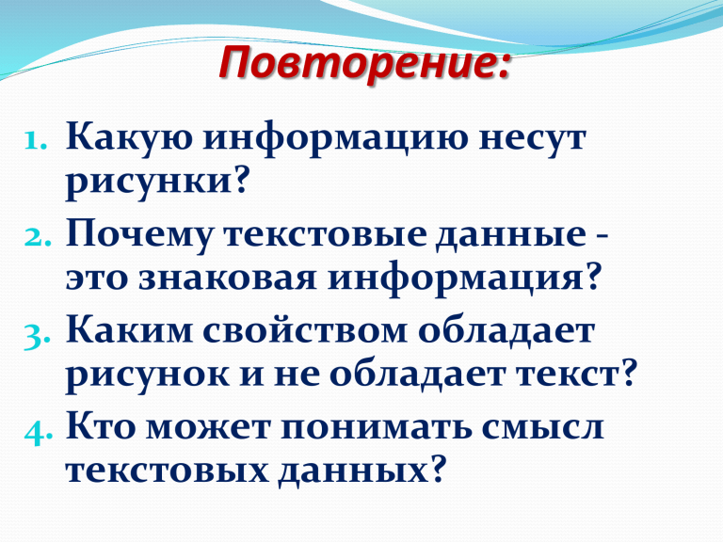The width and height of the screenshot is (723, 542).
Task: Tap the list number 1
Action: tap(35, 140)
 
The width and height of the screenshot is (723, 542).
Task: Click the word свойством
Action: tap(305, 332)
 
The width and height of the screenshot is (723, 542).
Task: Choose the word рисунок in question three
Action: tap(147, 376)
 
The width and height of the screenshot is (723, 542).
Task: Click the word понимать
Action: tap(378, 429)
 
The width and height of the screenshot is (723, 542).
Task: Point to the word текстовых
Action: tap(167, 471)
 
